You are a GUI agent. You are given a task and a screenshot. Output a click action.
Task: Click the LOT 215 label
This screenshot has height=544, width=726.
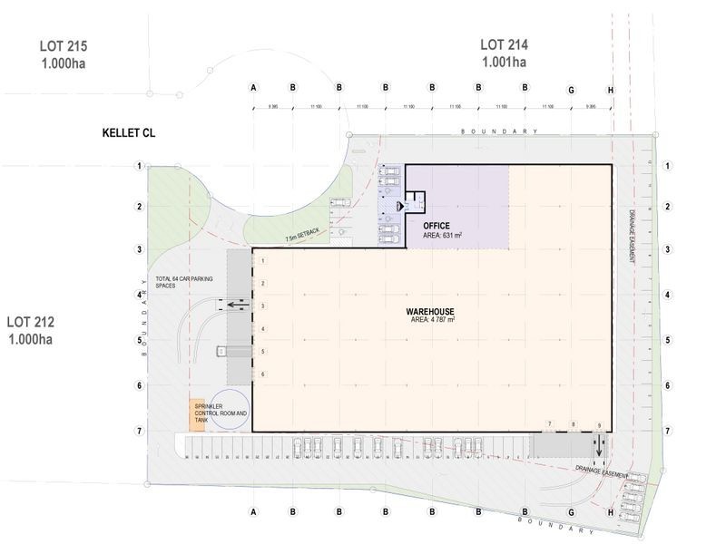tap(64, 44)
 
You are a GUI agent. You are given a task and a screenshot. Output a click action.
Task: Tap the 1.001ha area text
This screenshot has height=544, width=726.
tap(504, 62)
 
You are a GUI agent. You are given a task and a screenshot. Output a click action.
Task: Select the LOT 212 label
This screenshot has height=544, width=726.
tap(32, 321)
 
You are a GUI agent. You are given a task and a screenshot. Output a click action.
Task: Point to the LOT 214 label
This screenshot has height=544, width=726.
tap(504, 44)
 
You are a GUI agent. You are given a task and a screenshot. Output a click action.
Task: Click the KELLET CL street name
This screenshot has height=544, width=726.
tap(129, 133)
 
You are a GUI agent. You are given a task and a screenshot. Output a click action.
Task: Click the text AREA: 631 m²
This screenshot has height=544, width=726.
tap(443, 236)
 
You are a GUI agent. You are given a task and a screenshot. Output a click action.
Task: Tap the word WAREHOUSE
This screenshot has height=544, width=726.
tap(431, 310)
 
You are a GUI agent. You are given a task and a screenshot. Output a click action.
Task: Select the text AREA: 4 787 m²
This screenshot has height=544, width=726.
tap(431, 320)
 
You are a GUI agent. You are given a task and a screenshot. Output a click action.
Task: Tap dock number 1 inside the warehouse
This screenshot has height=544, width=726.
tap(262, 262)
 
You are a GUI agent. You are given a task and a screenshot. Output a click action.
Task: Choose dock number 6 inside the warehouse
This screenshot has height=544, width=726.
tap(262, 374)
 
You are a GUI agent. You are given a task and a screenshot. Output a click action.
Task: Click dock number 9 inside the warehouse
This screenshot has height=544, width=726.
tap(598, 425)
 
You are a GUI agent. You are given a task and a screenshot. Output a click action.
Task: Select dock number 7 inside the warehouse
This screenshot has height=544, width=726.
tap(549, 424)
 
